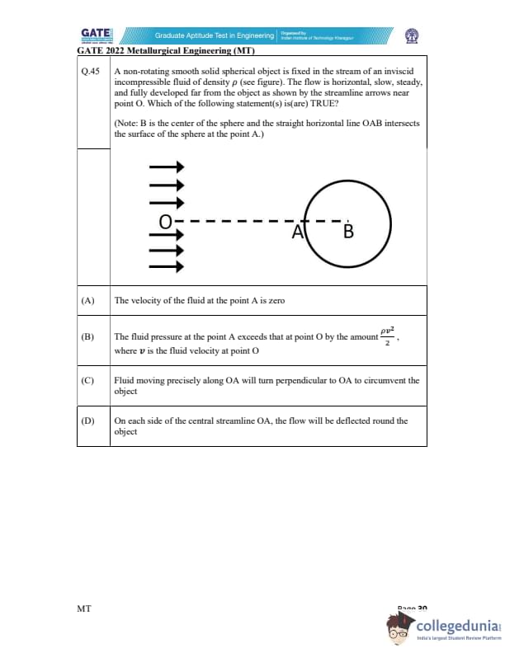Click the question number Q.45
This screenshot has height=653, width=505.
click(91, 72)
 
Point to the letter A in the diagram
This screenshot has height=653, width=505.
click(298, 232)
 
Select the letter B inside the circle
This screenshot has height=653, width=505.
click(347, 232)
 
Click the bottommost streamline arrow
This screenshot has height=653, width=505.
click(166, 266)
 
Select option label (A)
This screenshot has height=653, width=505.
click(88, 301)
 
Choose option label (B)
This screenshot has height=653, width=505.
click(88, 337)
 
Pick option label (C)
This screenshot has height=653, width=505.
click(88, 380)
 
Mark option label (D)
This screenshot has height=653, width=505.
click(88, 420)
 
